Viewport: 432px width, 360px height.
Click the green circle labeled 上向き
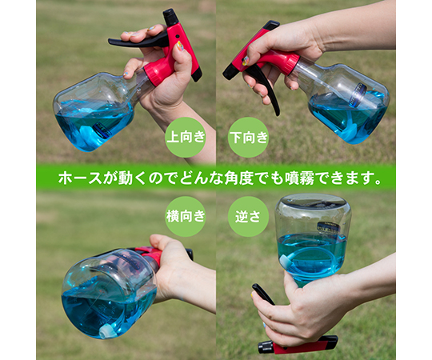186,137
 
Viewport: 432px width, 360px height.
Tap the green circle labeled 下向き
248,137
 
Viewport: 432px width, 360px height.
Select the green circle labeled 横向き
186,216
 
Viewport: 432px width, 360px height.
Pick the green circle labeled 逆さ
248,216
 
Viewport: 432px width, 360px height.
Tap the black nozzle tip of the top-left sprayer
170,17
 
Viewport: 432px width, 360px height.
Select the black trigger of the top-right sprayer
265,88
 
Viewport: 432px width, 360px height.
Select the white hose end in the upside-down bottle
284,259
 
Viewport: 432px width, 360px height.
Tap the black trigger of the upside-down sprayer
263,294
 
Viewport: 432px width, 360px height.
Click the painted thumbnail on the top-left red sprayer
180,46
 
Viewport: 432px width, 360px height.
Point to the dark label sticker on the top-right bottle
359,94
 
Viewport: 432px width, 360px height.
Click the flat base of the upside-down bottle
312,203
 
